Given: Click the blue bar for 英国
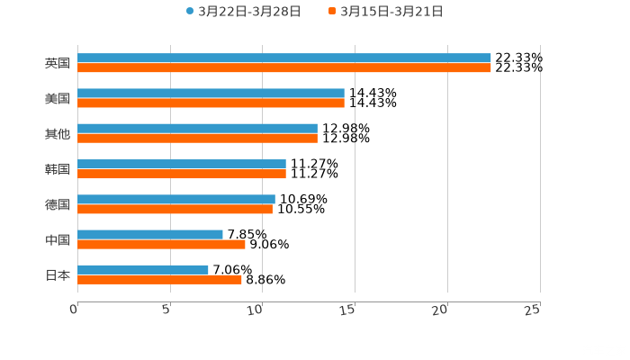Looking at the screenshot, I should click(284, 58).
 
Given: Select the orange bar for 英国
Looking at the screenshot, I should click(284, 68).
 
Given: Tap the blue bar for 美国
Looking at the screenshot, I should click(211, 94).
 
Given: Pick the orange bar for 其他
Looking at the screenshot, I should click(197, 139).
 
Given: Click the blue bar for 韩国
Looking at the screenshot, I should click(182, 164).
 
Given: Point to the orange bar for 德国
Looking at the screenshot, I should click(175, 209).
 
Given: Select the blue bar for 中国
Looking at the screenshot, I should click(150, 234).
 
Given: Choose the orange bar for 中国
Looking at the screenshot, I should click(161, 244).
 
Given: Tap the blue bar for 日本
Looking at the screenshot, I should click(143, 269).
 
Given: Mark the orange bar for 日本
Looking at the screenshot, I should click(159, 279).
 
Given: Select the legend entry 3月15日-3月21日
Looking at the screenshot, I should click(391, 12).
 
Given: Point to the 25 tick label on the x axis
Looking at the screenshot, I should click(532, 310).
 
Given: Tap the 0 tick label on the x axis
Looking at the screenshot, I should click(74, 310).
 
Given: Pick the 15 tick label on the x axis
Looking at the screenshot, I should click(348, 310).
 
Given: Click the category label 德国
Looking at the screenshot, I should click(58, 204).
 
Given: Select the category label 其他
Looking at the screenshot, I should click(58, 134).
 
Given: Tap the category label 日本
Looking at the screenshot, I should click(58, 274).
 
